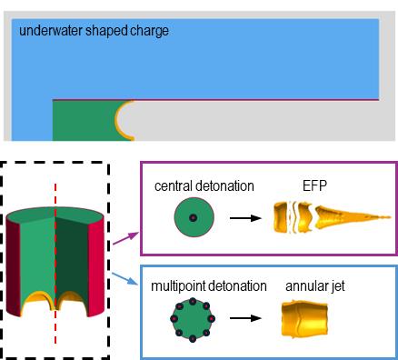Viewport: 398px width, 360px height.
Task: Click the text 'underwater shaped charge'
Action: [x=94, y=31]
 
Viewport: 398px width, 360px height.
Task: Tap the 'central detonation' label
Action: [x=204, y=185]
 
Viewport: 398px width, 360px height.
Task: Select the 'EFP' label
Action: [x=314, y=185]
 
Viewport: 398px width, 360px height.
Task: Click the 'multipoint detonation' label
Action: [x=209, y=286]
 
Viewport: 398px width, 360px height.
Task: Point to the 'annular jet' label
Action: [x=315, y=286]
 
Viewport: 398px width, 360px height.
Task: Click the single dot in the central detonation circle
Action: [x=194, y=217]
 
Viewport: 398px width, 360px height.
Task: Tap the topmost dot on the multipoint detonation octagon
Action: [x=193, y=302]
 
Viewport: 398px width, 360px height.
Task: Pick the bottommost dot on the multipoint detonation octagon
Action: [x=193, y=338]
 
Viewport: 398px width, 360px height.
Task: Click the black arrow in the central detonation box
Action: [x=245, y=218]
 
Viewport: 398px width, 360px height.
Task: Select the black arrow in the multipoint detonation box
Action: [x=245, y=318]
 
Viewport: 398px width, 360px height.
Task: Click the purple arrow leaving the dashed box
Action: [x=125, y=238]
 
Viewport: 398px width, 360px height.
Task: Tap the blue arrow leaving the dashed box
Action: [x=124, y=279]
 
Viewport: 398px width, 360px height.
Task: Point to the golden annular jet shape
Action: [x=304, y=318]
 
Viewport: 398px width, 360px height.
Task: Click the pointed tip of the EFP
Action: [x=390, y=217]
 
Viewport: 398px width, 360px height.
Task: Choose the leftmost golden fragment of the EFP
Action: [x=281, y=217]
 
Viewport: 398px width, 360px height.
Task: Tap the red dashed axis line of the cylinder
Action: [x=55, y=264]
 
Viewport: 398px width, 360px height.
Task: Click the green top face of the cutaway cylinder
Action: [x=55, y=215]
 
